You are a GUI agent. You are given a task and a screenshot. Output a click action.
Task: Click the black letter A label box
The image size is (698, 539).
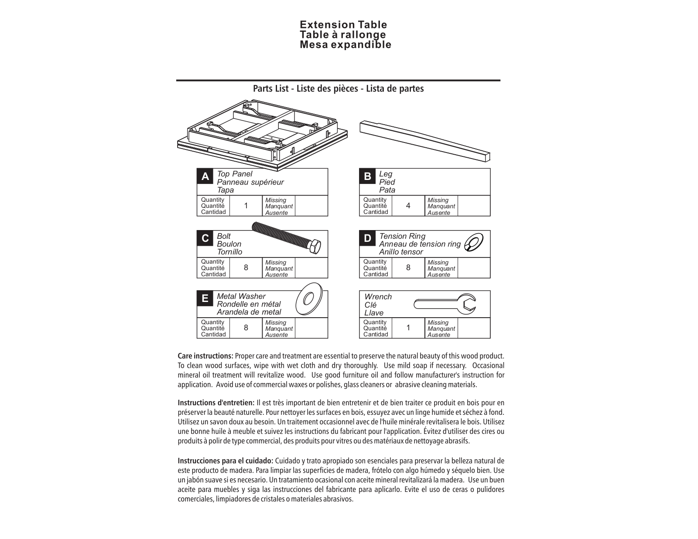click(x=205, y=176)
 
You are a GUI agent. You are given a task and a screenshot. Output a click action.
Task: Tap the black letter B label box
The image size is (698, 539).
click(x=367, y=176)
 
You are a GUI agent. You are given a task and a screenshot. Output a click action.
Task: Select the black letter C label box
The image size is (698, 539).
click(x=205, y=238)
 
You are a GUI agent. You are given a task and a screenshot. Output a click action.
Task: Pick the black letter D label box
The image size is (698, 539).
click(x=367, y=238)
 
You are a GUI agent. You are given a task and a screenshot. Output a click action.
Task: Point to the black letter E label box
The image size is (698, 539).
click(x=205, y=299)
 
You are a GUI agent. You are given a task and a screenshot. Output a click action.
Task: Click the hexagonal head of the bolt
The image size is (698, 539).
click(x=314, y=246)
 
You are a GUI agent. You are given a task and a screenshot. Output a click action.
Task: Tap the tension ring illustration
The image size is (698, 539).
click(x=474, y=243)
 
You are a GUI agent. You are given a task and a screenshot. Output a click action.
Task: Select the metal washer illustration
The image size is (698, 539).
click(x=309, y=299)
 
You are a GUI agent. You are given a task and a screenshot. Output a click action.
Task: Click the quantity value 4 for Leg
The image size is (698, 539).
click(x=408, y=206)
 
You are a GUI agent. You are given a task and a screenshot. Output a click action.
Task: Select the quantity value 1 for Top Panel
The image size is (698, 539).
click(x=246, y=206)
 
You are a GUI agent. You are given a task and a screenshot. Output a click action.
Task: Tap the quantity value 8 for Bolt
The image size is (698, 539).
click(x=246, y=268)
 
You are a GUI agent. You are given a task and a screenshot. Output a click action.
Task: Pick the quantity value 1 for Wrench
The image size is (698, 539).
click(x=408, y=328)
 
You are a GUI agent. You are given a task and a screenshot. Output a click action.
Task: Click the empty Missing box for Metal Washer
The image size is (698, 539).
click(x=311, y=328)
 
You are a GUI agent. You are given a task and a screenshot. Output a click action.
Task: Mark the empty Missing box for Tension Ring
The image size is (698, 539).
click(x=474, y=268)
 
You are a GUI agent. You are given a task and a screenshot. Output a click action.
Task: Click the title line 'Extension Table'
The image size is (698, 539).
click(x=343, y=25)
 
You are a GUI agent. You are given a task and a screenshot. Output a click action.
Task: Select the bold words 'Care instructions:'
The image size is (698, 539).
click(x=205, y=356)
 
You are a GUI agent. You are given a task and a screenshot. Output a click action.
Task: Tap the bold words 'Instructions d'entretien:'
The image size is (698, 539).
click(x=216, y=403)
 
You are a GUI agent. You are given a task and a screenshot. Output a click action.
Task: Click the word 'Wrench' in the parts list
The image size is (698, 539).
click(x=378, y=297)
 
